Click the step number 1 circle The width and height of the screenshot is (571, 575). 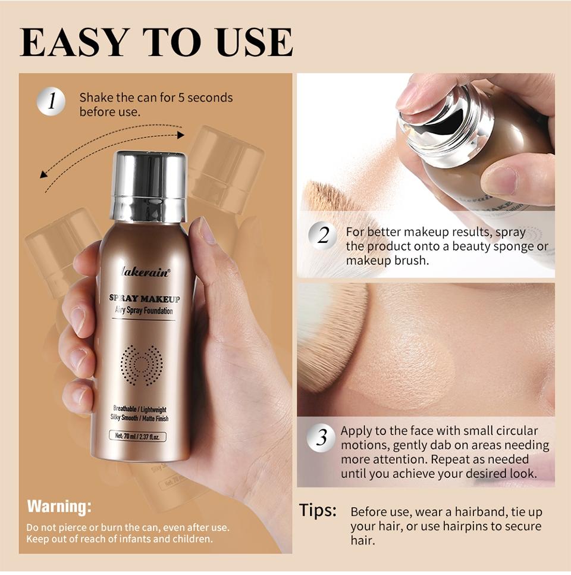[52, 101]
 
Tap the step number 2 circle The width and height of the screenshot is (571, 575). [323, 236]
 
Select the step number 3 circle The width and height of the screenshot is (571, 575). [322, 439]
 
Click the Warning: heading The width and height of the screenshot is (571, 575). [59, 507]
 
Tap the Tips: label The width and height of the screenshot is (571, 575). [318, 511]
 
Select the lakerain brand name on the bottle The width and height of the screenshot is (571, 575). [145, 273]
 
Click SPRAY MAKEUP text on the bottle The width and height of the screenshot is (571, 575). [145, 299]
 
